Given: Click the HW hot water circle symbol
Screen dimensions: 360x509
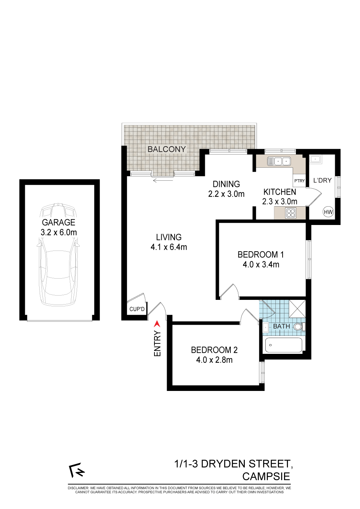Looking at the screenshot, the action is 328,212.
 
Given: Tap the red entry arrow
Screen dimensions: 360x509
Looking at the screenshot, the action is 157,324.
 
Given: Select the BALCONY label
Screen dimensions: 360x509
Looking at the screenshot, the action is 167,149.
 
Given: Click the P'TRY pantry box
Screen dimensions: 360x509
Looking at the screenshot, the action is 299,181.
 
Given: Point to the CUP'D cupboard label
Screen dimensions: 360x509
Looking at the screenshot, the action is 137,309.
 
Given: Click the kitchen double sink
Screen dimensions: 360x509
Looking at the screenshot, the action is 279,161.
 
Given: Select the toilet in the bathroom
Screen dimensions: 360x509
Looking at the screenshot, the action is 299,327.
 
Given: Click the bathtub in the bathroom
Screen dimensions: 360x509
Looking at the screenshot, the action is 284,345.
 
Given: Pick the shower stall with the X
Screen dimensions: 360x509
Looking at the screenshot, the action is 297,309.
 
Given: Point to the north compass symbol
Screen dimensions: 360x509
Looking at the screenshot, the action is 77,470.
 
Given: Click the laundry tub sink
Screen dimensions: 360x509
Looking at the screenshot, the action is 315,159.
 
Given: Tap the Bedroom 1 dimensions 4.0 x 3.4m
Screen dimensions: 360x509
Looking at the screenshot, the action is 261,265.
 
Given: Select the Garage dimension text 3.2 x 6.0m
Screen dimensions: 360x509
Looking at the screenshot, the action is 59,232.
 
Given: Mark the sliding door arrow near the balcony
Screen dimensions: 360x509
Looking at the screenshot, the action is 163,181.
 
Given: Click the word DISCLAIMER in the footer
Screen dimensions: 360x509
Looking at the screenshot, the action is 78,488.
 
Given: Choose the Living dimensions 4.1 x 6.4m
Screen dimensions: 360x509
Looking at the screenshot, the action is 169,247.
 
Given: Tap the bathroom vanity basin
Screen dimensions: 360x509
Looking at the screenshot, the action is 266,328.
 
